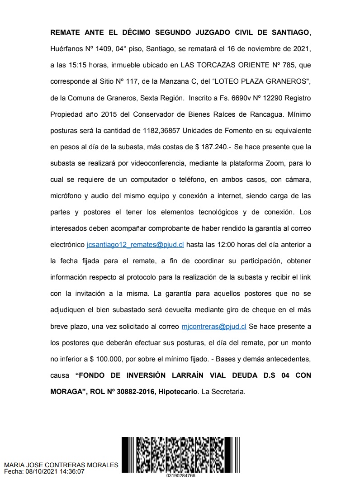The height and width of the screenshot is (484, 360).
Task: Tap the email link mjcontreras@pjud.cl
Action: tap(213, 326)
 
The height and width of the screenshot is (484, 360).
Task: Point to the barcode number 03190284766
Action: tap(181, 475)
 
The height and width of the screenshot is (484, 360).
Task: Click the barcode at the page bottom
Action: tap(181, 454)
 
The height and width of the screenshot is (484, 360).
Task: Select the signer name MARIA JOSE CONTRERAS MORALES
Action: tap(61, 465)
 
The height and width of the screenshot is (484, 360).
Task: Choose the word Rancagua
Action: tap(247, 114)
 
